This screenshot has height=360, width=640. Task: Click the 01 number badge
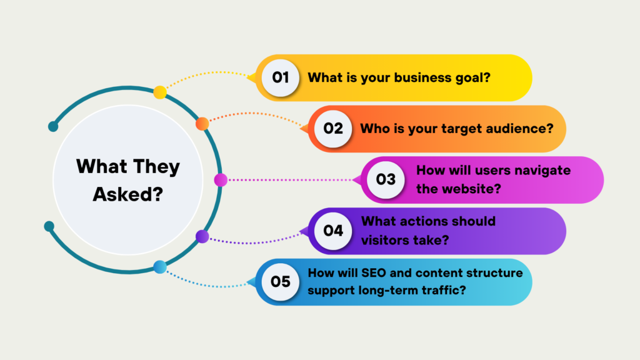[x=281, y=77]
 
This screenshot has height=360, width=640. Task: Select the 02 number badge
[x=333, y=129]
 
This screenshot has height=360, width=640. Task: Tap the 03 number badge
[x=386, y=180]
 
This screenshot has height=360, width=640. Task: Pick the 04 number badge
[x=333, y=231]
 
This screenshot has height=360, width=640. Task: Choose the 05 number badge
[x=281, y=282]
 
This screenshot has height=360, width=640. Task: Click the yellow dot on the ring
[x=160, y=92]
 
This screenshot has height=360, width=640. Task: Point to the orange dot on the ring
[x=202, y=124]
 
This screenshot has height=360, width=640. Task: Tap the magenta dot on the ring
[x=221, y=180]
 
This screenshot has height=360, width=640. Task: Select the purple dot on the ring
[x=202, y=236]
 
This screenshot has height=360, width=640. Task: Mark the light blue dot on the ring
[x=160, y=267]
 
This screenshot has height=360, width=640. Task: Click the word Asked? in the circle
[x=128, y=194]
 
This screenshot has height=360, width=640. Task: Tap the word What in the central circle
[x=101, y=167]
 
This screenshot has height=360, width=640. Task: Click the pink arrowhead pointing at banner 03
[x=357, y=180]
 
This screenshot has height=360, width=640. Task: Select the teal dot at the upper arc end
[x=53, y=127]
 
